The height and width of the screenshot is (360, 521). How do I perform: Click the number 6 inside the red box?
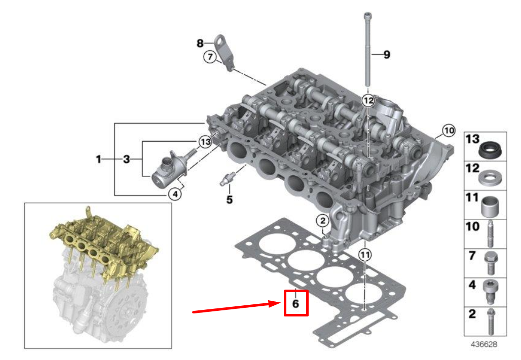295,303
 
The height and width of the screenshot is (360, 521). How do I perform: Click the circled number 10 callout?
449,130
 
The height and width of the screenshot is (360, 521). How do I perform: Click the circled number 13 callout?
204,142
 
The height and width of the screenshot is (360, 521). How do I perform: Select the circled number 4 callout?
175,193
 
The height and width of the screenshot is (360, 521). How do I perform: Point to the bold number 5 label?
229,199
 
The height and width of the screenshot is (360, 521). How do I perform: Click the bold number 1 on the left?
99,159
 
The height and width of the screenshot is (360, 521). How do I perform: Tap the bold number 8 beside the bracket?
200,43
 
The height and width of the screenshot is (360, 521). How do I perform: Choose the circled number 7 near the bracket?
210,57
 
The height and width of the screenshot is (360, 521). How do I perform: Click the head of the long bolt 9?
366,15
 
